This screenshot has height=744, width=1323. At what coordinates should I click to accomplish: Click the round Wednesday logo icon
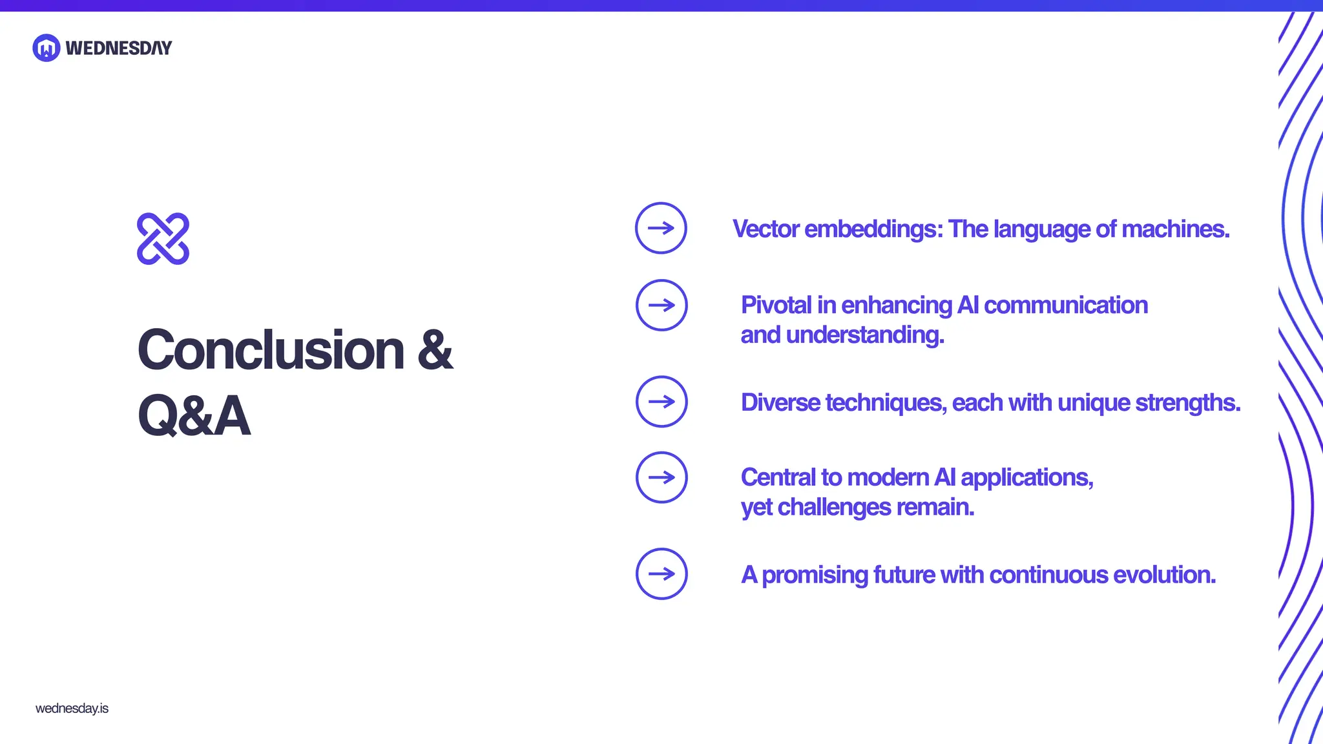(47, 48)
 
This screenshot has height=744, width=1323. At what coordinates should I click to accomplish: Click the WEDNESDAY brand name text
(119, 48)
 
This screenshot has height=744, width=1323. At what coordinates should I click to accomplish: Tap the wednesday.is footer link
(72, 708)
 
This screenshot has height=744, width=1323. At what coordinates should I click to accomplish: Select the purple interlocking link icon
(163, 238)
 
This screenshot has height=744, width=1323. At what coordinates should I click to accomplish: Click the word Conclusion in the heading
(271, 350)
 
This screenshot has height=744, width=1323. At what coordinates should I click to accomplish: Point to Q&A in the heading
(194, 416)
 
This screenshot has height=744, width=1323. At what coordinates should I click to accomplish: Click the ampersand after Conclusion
(435, 350)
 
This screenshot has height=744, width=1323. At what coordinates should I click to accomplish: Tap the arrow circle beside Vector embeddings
(661, 228)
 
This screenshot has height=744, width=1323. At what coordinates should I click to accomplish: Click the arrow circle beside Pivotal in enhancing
(661, 305)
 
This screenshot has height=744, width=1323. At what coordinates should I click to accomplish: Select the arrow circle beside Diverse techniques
(661, 402)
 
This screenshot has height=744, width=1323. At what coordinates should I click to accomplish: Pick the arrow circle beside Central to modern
(661, 477)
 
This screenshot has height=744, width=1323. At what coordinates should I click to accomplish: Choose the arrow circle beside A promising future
(661, 573)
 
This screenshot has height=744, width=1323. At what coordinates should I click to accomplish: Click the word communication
(1066, 305)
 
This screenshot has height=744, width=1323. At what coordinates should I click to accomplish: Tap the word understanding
(865, 335)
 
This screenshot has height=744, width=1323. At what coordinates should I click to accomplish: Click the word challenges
(834, 508)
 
